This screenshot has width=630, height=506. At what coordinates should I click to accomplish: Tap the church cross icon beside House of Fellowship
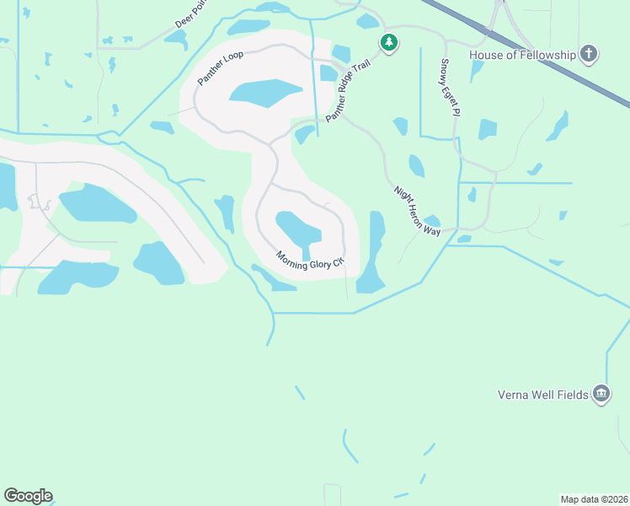pos(589,55)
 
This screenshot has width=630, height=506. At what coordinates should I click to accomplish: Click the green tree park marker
pos(388,42)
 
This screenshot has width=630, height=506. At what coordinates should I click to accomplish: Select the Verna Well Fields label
pos(542,394)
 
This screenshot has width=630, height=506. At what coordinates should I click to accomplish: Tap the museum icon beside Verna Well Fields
pos(601,394)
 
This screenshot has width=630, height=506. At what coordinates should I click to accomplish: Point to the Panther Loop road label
pos(220,67)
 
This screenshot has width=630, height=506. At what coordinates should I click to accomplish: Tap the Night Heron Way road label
pos(418,211)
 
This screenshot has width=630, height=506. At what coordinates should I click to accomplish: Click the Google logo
pos(28,496)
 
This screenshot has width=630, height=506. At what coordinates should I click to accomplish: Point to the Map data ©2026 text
pos(594,498)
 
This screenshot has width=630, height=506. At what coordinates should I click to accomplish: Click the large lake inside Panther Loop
pos(264,93)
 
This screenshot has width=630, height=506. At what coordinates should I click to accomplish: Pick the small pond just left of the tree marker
pos(367,21)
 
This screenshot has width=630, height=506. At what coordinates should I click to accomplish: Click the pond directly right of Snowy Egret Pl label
pos(487,129)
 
